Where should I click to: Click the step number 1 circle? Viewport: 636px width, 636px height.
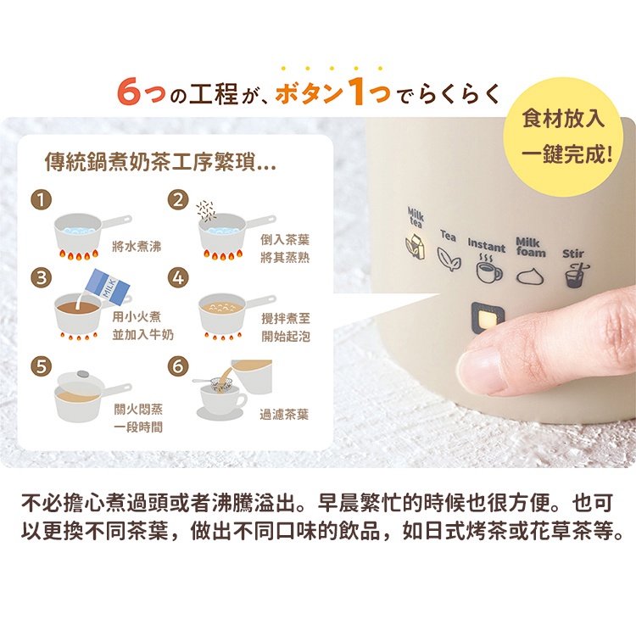(42, 199)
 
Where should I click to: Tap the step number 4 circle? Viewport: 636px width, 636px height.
(178, 278)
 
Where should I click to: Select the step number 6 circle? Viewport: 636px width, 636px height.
(178, 366)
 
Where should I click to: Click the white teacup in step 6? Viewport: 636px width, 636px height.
(222, 398)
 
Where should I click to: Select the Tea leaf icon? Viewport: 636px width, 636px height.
(449, 259)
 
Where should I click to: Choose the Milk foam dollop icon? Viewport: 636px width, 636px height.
(530, 276)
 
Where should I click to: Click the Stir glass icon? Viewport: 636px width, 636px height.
(577, 275)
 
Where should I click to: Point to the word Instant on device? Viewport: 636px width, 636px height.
(487, 244)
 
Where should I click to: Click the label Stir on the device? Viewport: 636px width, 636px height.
(572, 254)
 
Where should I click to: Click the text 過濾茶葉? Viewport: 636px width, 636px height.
(284, 415)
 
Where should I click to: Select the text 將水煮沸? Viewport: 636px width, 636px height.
(137, 246)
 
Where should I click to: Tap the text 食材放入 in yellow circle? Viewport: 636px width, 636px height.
(563, 119)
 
